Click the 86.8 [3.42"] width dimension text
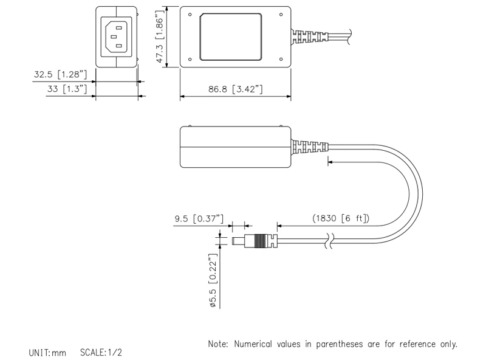click(235, 89)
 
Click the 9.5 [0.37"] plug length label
click(199, 218)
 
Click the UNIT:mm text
click(47, 352)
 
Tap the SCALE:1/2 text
click(101, 352)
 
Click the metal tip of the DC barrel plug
click(242, 241)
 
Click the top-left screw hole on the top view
click(191, 14)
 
